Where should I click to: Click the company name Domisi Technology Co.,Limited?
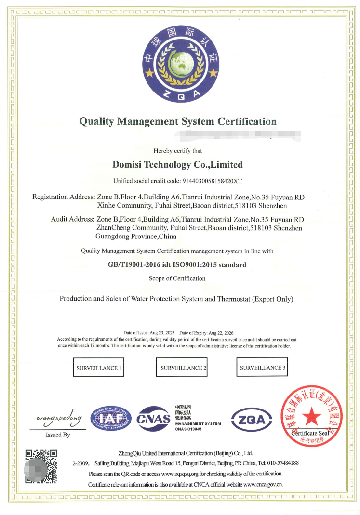[x=177, y=165]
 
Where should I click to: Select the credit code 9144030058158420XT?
[x=211, y=181]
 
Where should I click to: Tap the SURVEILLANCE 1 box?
[x=98, y=368]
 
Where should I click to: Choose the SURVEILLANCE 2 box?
[x=182, y=368]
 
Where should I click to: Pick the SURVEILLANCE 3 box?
[x=263, y=368]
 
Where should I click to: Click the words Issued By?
[x=58, y=435]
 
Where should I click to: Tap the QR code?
[x=41, y=466]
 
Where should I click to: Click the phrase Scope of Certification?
[x=177, y=278]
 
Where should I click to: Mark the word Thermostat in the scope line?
[x=234, y=299]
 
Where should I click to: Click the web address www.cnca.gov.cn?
[x=263, y=484]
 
